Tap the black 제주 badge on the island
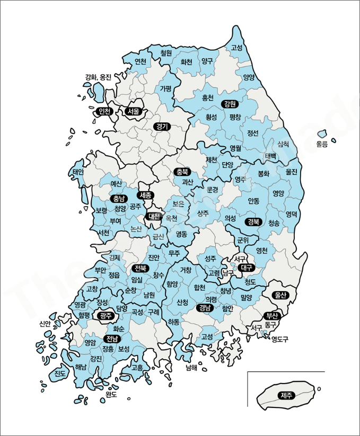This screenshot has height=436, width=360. click(x=287, y=395)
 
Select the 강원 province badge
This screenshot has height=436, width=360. click(x=230, y=104)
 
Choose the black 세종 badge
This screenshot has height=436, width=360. click(x=146, y=195)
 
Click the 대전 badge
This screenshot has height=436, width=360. click(x=154, y=216)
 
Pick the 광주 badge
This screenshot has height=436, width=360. click(x=106, y=316)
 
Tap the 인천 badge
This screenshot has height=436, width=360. click(x=104, y=111)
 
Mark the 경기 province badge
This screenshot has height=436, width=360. click(x=162, y=126)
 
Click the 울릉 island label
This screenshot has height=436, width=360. click(x=322, y=144)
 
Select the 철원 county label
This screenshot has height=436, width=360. click(x=166, y=53)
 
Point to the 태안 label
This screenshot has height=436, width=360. click(x=78, y=172)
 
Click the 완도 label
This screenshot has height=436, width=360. click(x=111, y=394)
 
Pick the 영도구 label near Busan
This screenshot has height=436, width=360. click(x=280, y=339)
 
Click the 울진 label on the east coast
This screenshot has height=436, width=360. click(x=292, y=172)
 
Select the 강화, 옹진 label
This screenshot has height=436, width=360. click(x=98, y=77)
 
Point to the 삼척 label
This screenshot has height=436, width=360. click(x=283, y=144)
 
